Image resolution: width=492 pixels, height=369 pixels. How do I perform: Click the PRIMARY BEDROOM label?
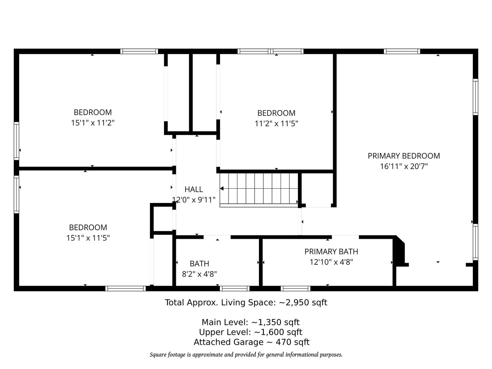click(x=404, y=156)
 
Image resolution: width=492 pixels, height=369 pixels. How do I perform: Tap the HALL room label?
click(x=194, y=189)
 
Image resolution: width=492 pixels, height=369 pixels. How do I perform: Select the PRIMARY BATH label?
click(x=331, y=251)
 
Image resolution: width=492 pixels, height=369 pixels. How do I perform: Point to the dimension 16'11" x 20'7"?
click(x=404, y=166)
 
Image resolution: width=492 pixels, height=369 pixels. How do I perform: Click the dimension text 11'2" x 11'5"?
click(x=276, y=123)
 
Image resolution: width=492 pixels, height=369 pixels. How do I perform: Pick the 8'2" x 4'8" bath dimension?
click(x=199, y=274)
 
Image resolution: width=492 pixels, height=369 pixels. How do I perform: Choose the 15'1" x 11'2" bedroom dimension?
click(x=93, y=123)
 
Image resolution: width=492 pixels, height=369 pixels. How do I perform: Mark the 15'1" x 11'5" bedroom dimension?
click(x=88, y=238)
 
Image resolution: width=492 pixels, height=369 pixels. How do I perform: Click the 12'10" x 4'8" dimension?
click(x=331, y=262)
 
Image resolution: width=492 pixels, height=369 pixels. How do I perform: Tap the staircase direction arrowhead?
click(x=222, y=188)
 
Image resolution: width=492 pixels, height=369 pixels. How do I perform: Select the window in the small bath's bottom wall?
click(x=234, y=288)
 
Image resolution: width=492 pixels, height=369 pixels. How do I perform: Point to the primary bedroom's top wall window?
click(x=402, y=51)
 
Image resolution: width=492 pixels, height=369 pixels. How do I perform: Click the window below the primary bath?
click(x=296, y=288)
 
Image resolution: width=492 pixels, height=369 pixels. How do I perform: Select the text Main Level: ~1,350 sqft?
click(x=250, y=322)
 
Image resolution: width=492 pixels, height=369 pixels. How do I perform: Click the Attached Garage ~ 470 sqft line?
click(x=251, y=342)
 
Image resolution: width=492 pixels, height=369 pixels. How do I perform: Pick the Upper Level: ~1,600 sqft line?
click(x=250, y=332)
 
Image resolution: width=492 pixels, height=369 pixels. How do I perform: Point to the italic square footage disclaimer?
click(x=246, y=355)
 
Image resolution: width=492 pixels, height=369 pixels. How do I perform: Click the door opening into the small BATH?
click(x=217, y=237)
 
